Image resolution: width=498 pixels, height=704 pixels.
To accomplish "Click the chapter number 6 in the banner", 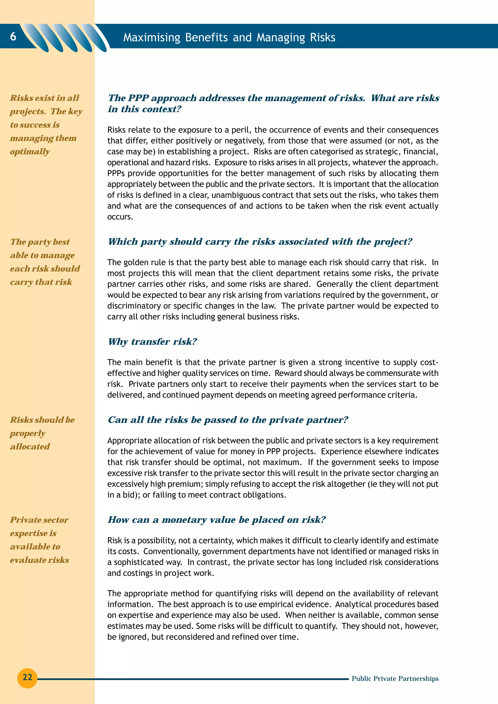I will [13, 36].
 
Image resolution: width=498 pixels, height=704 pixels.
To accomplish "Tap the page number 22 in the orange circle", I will [27, 677].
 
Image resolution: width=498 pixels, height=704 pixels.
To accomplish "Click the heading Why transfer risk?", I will [152, 342].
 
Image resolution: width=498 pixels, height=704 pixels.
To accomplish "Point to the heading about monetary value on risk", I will [216, 520].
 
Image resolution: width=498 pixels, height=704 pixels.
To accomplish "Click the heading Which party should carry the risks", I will [260, 242].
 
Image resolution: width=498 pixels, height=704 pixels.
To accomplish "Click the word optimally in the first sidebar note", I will [30, 152].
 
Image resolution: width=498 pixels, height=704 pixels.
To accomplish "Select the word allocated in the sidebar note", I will [30, 446].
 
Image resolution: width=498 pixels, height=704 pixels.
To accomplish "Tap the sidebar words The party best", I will [40, 242].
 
